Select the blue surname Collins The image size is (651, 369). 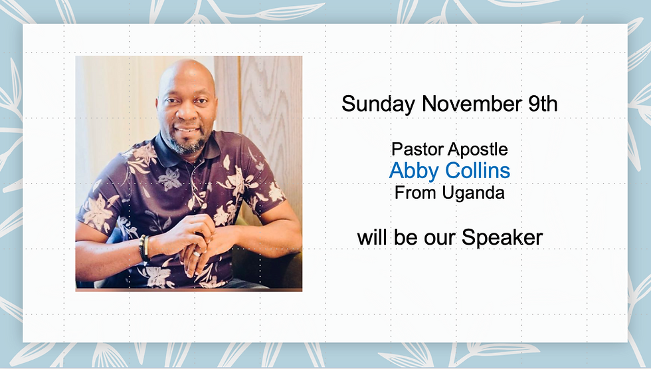point(478,170)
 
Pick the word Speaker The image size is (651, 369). point(502,237)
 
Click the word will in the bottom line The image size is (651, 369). point(374,237)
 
